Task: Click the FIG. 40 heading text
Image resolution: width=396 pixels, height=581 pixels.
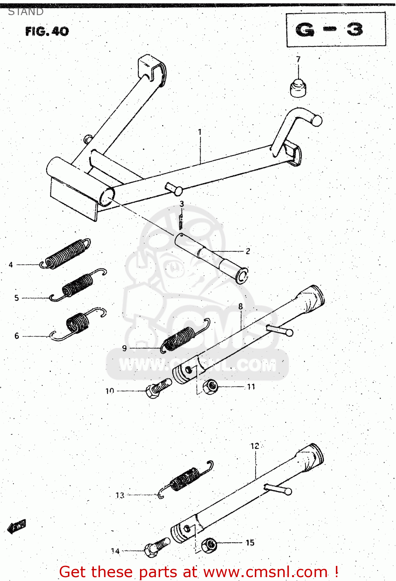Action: [47, 31]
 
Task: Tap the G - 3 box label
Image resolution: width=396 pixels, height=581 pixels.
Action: [329, 30]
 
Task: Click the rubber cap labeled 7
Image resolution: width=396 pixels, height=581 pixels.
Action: [298, 88]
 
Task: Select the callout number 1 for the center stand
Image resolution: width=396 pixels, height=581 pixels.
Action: [200, 132]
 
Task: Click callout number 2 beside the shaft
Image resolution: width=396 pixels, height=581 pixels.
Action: [248, 251]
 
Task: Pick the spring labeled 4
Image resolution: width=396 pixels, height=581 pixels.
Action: [66, 254]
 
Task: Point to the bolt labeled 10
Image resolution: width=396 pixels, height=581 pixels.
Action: [157, 388]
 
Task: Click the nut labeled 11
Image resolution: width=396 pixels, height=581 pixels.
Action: [211, 386]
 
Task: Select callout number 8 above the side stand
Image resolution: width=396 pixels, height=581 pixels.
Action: [240, 306]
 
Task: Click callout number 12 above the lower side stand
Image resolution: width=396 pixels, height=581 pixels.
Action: [254, 446]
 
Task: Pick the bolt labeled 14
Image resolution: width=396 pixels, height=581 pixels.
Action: [156, 547]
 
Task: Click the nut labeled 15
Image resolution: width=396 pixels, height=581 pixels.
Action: [209, 545]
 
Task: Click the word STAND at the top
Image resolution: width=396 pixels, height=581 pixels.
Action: [26, 12]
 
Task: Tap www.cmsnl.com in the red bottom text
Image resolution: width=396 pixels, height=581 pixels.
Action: [265, 572]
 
